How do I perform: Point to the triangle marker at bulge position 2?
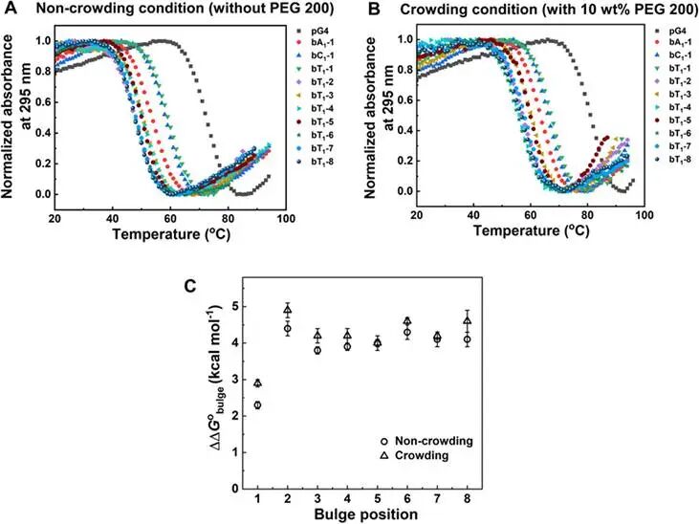tap(288, 309)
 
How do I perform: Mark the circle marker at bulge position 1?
tap(257, 405)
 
